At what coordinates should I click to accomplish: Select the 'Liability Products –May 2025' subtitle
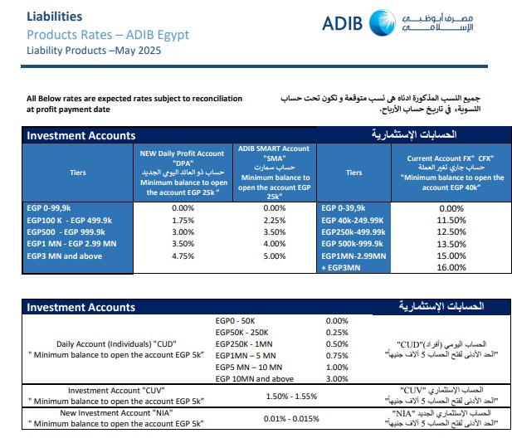[94, 50]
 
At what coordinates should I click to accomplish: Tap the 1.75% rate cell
[182, 221]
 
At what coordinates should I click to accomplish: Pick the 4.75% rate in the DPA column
[182, 257]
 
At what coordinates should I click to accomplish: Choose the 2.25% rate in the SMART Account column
[273, 221]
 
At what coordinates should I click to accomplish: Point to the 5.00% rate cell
[273, 257]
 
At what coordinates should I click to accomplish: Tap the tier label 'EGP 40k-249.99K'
[353, 221]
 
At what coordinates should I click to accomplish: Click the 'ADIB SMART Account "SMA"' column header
[273, 153]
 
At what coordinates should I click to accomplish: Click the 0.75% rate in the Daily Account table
[337, 355]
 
